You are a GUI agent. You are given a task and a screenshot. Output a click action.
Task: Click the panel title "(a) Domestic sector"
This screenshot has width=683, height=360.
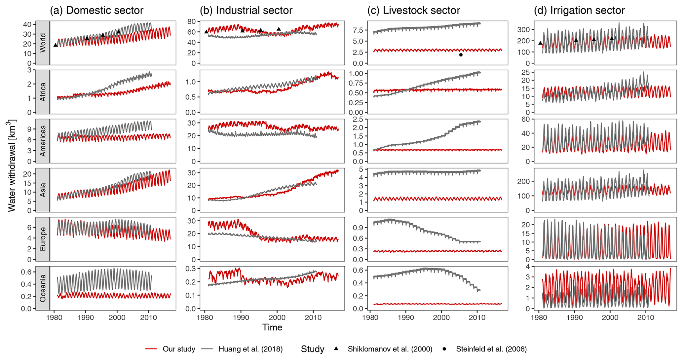(x=96, y=11)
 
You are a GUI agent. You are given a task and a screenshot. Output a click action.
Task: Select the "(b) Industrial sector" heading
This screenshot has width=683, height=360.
(x=246, y=11)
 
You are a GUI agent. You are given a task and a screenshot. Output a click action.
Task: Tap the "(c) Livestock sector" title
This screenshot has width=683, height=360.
(x=413, y=11)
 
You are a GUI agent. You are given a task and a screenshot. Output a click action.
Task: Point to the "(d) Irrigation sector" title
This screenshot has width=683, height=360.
(x=579, y=11)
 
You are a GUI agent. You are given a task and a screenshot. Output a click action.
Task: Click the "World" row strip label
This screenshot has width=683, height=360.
(x=43, y=43)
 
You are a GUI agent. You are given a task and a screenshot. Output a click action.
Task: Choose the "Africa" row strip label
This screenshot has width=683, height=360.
(x=43, y=91)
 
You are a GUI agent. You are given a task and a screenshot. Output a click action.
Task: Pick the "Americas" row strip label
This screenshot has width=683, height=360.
(x=43, y=141)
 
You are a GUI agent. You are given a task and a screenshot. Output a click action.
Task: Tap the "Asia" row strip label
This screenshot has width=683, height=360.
(x=43, y=190)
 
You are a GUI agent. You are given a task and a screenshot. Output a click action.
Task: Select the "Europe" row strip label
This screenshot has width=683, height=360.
(x=43, y=239)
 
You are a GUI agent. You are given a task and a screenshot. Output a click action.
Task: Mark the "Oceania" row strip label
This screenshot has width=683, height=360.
(x=43, y=288)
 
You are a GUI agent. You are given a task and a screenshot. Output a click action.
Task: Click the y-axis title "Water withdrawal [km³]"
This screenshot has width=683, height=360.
(x=12, y=166)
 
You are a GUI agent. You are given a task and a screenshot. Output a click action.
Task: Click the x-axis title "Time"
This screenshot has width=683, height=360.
(x=272, y=327)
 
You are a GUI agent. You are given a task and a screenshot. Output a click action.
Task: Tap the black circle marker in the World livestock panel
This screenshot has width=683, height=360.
(x=461, y=55)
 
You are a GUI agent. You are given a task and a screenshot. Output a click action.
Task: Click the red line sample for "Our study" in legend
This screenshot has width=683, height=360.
(x=151, y=349)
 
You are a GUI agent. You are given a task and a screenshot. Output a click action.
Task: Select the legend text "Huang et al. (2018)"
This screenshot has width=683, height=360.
(x=250, y=349)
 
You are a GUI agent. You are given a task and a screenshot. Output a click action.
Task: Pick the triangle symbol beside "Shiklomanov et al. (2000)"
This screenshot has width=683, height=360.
(x=336, y=349)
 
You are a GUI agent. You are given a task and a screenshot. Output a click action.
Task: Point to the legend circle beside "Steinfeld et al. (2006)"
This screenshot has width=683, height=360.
(x=444, y=349)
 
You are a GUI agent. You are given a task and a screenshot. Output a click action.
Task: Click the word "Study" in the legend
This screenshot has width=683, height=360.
(x=312, y=349)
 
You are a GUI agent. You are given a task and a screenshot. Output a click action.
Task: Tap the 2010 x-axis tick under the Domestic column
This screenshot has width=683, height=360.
(x=148, y=318)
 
